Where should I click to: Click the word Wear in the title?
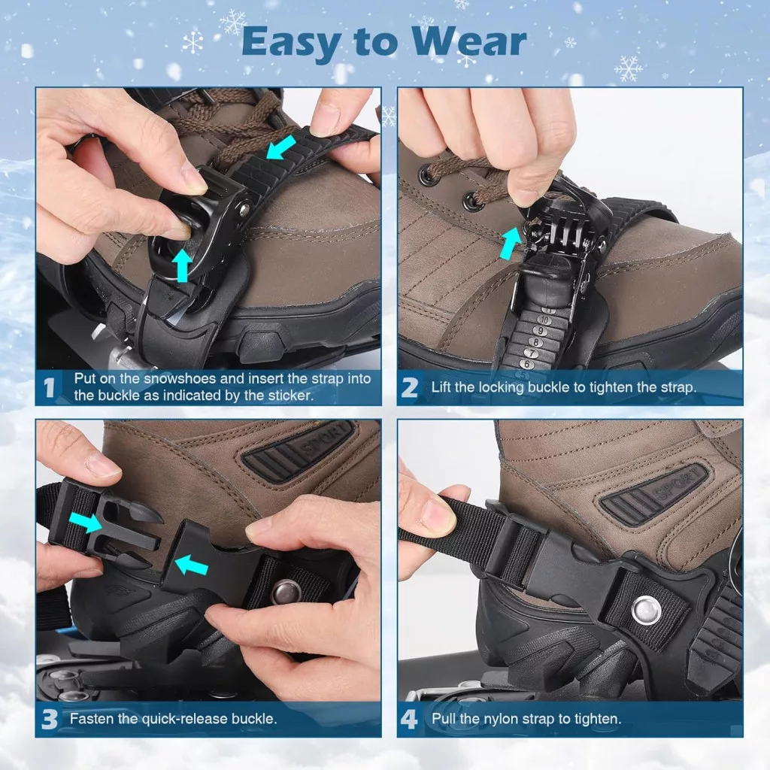point(469,42)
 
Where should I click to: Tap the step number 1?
point(49,388)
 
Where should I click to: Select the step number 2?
point(410,388)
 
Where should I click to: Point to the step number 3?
point(50,720)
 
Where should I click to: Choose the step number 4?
point(410,720)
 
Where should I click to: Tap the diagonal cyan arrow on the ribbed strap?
point(281,147)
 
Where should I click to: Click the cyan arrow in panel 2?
point(511,243)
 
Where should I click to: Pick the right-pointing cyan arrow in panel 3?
point(85,523)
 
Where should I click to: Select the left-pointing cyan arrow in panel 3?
point(192,564)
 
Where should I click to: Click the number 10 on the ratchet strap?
point(544,320)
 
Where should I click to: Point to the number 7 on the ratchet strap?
point(531,353)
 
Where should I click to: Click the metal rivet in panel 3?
point(286,589)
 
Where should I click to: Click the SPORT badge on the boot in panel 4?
point(654,496)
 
